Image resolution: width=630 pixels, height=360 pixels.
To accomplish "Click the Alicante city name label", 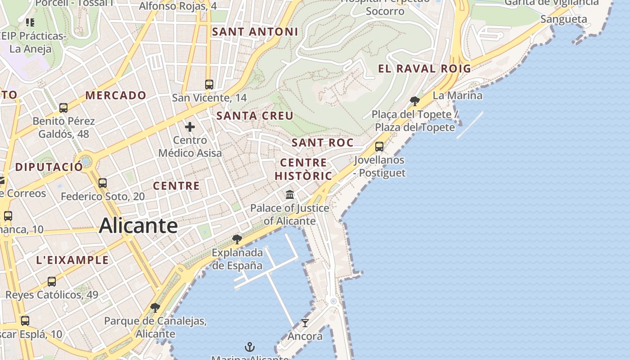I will [138, 225].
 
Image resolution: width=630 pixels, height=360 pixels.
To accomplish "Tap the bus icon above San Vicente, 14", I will [209, 84].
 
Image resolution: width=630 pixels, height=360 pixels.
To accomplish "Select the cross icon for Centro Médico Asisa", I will [190, 127].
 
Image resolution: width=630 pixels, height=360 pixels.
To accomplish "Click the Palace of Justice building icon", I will [290, 195].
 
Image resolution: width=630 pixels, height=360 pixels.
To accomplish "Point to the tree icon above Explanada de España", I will [237, 239].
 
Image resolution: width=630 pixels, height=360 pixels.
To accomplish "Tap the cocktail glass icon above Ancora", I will [305, 323].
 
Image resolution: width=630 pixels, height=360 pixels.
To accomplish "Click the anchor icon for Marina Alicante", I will [249, 347].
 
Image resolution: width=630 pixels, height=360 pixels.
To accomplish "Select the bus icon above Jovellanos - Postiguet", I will [379, 146].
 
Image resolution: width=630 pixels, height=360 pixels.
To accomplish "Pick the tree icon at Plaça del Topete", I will [415, 101].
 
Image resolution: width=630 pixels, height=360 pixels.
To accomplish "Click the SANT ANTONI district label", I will [255, 32].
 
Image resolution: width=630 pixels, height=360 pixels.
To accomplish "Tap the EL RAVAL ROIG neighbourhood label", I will [424, 69].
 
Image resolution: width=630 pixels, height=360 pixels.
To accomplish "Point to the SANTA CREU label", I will [255, 116].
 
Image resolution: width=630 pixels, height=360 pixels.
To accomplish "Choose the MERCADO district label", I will [116, 95].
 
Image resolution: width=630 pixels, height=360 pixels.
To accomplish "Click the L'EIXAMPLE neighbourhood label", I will [72, 260].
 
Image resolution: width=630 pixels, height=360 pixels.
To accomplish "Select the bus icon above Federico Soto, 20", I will [103, 183].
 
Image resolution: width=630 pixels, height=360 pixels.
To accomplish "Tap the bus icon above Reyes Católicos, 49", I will [52, 282].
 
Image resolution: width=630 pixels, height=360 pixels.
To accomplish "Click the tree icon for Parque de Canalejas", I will [155, 308].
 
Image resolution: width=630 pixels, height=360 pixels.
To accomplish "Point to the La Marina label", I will [457, 95].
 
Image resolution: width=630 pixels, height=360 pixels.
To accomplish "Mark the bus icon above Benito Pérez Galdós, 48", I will [63, 108].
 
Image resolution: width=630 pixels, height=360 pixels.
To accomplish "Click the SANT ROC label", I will [322, 143].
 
